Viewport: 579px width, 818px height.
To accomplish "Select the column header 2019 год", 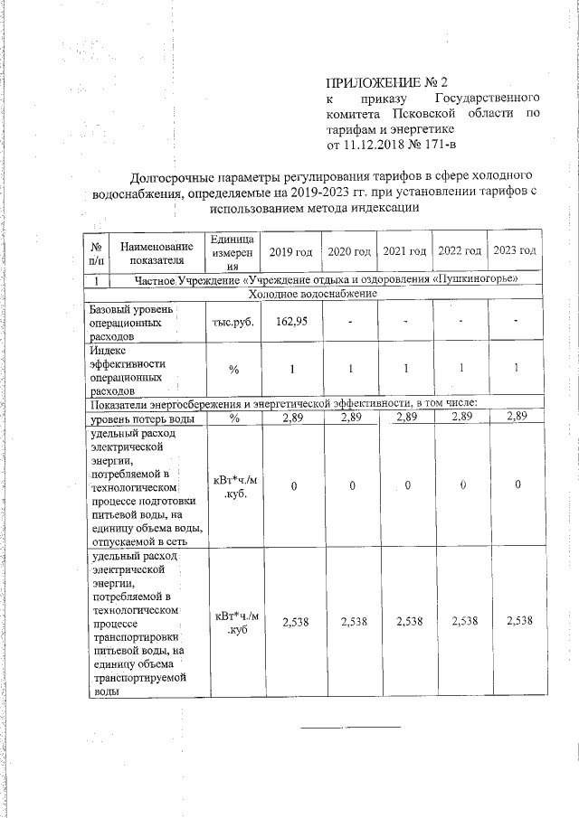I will [290, 249].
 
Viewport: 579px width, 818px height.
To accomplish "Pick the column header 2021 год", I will [404, 249].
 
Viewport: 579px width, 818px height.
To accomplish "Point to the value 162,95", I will [290, 321].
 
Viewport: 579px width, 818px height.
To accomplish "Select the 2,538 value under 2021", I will [404, 621].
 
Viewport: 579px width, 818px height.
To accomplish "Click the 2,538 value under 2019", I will [290, 621].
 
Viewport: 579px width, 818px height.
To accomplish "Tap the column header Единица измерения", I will [233, 250].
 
